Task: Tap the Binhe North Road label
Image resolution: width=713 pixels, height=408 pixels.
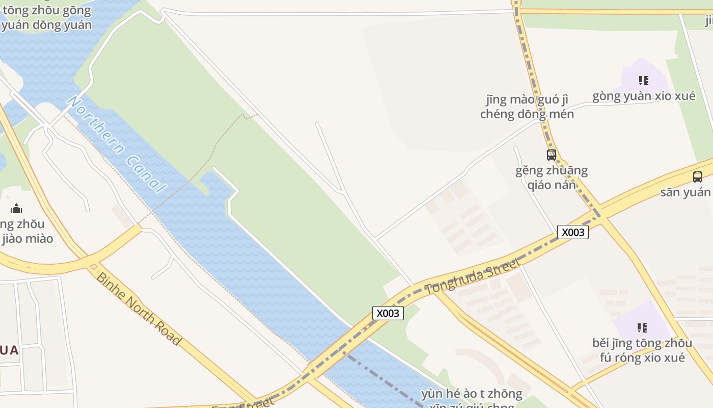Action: point(138,309)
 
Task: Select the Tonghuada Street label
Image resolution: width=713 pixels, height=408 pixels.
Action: point(472,275)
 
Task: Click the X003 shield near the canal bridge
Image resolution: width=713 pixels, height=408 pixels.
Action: point(388,313)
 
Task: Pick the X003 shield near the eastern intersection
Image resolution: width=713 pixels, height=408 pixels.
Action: point(573,232)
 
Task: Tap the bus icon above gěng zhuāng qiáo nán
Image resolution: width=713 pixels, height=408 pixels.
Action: point(552,155)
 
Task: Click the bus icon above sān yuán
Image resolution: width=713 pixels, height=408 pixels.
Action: point(698,177)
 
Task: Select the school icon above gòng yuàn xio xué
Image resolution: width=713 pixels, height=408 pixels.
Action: point(644,81)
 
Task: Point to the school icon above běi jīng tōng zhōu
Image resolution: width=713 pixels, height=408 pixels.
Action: point(642,327)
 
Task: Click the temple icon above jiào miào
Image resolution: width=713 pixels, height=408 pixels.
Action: point(16,208)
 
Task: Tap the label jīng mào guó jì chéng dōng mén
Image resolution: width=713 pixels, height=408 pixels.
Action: point(527,107)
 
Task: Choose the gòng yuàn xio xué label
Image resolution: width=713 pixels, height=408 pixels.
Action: point(644,96)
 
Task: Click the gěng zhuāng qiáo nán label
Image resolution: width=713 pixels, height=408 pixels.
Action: point(552,177)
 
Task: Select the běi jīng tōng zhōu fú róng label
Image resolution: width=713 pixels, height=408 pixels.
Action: point(642,350)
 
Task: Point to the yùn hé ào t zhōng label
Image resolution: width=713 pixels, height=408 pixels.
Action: point(472,394)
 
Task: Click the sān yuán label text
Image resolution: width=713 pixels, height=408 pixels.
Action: point(685,192)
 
